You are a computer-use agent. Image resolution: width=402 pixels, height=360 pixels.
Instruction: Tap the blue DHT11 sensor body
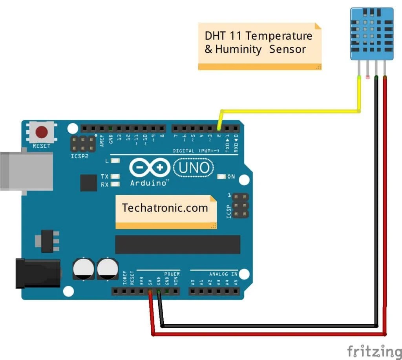[x=371, y=33]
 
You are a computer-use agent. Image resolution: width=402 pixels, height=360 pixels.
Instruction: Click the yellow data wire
[x=291, y=111]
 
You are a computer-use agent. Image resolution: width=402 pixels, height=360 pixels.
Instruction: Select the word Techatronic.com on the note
[x=165, y=208]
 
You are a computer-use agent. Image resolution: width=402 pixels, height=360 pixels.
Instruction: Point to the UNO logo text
[x=194, y=168]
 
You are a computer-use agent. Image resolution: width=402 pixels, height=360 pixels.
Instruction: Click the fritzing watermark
[x=375, y=350]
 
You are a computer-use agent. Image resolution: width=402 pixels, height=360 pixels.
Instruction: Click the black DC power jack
[x=37, y=274]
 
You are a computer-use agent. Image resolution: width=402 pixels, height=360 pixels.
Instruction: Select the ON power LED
[x=223, y=177]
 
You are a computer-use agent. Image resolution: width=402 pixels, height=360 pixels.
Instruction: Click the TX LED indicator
[x=115, y=177]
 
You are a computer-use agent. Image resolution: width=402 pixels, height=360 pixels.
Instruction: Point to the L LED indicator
[x=115, y=161]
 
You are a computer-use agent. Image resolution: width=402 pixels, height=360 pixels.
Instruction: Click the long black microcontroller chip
[x=177, y=245]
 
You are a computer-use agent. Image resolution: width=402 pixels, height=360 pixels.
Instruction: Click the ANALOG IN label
[x=223, y=274]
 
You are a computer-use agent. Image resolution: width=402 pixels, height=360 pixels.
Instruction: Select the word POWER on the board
[x=172, y=274]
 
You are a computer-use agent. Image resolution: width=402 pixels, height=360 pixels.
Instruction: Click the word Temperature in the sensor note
[x=279, y=36]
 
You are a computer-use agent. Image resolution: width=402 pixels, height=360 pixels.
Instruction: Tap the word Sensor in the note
[x=287, y=49]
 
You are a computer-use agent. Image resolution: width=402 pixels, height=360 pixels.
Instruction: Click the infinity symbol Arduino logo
[x=150, y=168]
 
